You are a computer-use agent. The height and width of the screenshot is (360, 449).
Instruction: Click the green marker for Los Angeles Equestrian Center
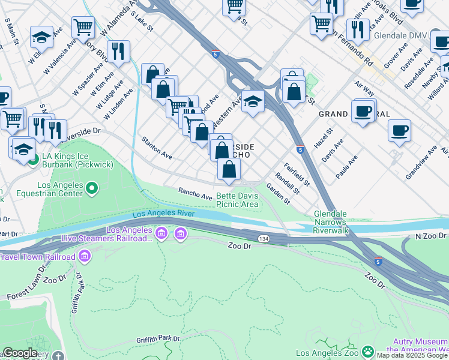click(91, 190)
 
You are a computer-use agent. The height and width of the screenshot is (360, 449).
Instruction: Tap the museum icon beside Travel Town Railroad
click(85, 257)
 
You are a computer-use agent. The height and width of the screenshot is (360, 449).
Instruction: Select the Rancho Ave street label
click(195, 193)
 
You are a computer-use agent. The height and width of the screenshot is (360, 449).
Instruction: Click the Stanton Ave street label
click(157, 148)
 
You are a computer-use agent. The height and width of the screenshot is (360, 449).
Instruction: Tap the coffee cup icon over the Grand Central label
click(363, 111)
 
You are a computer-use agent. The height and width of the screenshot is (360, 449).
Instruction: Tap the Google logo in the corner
click(20, 353)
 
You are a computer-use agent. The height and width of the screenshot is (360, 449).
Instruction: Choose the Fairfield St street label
click(297, 174)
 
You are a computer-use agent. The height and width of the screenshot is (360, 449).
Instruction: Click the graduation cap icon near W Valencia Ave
click(41, 38)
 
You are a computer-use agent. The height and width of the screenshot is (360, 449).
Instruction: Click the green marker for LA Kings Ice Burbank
click(34, 159)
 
